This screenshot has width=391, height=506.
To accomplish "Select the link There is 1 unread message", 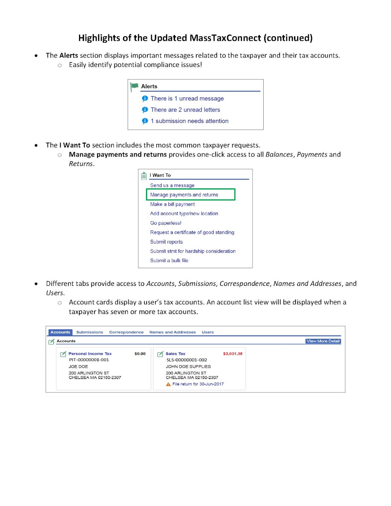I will click(187, 98).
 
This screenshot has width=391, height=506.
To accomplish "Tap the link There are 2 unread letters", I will click(185, 110).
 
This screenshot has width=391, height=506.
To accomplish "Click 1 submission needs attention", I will click(189, 121).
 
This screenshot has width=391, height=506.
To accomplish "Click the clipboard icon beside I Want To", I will click(144, 176).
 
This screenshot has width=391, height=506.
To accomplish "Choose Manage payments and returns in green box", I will click(184, 195).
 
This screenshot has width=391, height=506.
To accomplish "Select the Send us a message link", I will click(172, 185).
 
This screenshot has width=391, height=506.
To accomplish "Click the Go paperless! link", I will click(166, 223).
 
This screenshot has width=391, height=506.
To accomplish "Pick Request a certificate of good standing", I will click(192, 232).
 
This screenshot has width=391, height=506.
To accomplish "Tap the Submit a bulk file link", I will click(169, 261).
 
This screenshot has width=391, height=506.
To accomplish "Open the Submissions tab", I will click(89, 332).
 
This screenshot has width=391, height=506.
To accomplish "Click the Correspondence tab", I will click(126, 332).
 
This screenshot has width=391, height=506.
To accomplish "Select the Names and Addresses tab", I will click(173, 332).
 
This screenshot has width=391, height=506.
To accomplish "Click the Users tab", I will click(208, 332).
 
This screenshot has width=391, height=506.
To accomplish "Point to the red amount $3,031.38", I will click(233, 354).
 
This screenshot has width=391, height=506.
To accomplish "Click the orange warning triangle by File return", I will click(168, 384).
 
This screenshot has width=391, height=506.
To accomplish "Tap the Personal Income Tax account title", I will click(90, 354).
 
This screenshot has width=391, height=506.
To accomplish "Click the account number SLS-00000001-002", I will click(186, 360).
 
